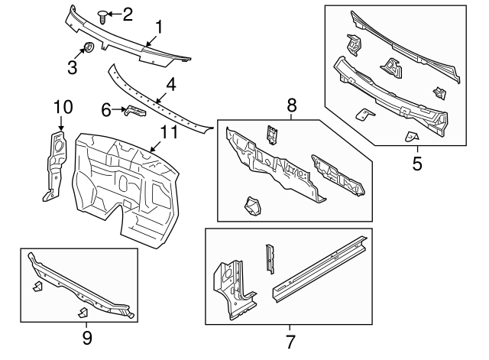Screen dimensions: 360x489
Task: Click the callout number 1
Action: coord(158,28)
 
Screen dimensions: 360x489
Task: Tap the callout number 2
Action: coord(127,13)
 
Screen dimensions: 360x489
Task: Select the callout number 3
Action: coord(72,66)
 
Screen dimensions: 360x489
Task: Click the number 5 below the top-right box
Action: coord(417,163)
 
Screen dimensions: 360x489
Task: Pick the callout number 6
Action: coord(107,109)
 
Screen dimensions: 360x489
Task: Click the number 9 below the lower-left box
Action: coord(86,336)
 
